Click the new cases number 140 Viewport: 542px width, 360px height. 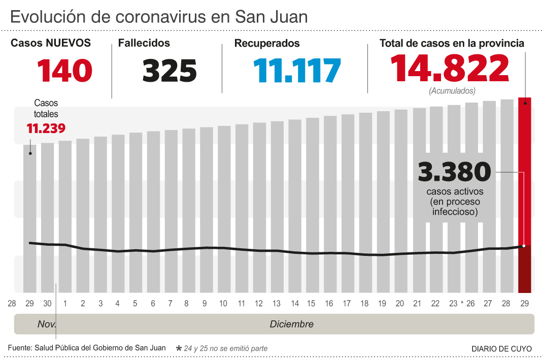tap(64, 71)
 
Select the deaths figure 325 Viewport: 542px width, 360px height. tap(170, 71)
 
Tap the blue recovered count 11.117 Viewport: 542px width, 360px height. tap(297, 71)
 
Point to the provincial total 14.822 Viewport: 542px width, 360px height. tap(450, 69)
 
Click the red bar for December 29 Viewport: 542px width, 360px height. tap(525, 193)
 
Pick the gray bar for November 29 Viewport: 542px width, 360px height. tap(30, 218)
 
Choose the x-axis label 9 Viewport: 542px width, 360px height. tap(204, 304)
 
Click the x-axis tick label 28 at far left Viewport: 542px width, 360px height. tap(12, 304)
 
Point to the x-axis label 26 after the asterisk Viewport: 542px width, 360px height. tap(470, 304)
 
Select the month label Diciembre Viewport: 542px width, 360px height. tap(291, 324)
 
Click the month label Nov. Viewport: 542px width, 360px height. tap(47, 324)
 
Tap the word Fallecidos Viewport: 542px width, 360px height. tap(144, 44)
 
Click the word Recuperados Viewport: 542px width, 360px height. tap(267, 44)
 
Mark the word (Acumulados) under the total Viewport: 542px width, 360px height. tap(452, 91)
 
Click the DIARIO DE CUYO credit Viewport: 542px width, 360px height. tap(501, 349)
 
